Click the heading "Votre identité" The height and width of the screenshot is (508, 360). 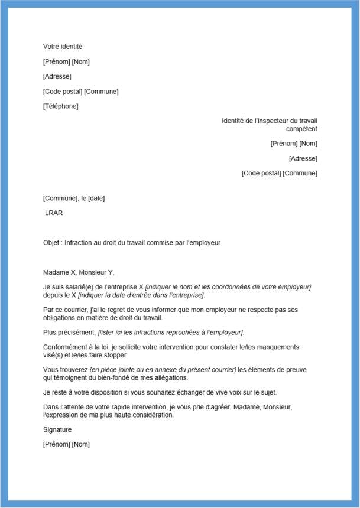coord(63,47)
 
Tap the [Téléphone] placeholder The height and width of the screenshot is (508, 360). coord(60,106)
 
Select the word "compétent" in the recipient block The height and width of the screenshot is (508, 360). coord(301,129)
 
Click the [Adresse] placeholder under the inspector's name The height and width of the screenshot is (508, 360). coord(303,158)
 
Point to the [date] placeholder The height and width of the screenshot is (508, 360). coord(96,198)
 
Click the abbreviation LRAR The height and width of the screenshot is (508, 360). coord(54,213)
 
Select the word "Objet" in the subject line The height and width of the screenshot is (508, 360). coord(51,243)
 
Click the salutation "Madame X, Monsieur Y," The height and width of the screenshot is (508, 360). coord(79,272)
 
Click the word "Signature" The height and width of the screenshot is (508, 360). coord(57,430)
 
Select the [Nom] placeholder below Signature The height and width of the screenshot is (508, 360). coord(80,444)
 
